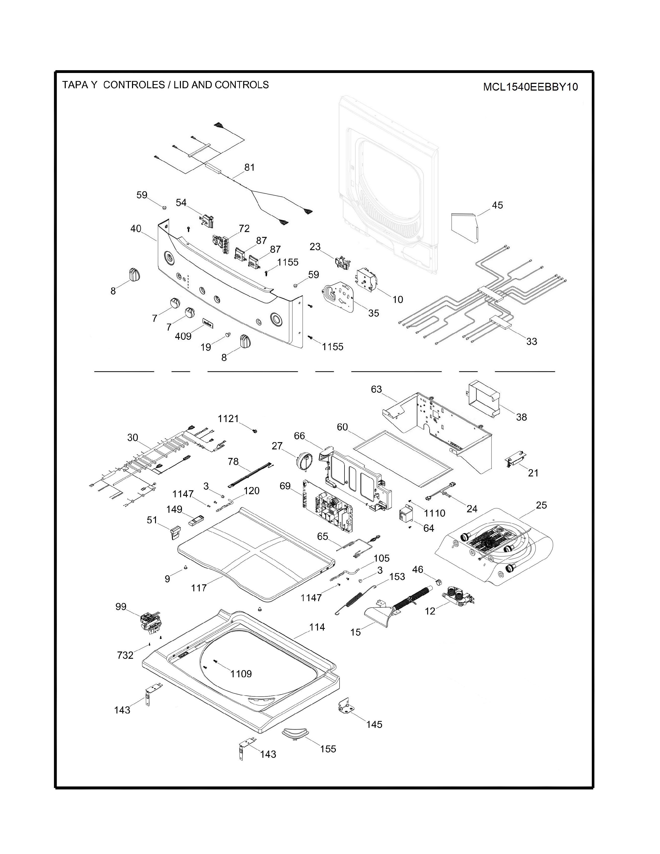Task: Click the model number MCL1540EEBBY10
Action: click(x=530, y=87)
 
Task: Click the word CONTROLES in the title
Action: click(x=134, y=85)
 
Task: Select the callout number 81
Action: click(x=250, y=167)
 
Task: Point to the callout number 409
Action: click(x=183, y=336)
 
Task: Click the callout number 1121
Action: click(x=228, y=419)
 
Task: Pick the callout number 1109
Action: click(x=241, y=673)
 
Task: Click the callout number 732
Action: click(x=125, y=655)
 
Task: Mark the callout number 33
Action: click(x=531, y=341)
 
